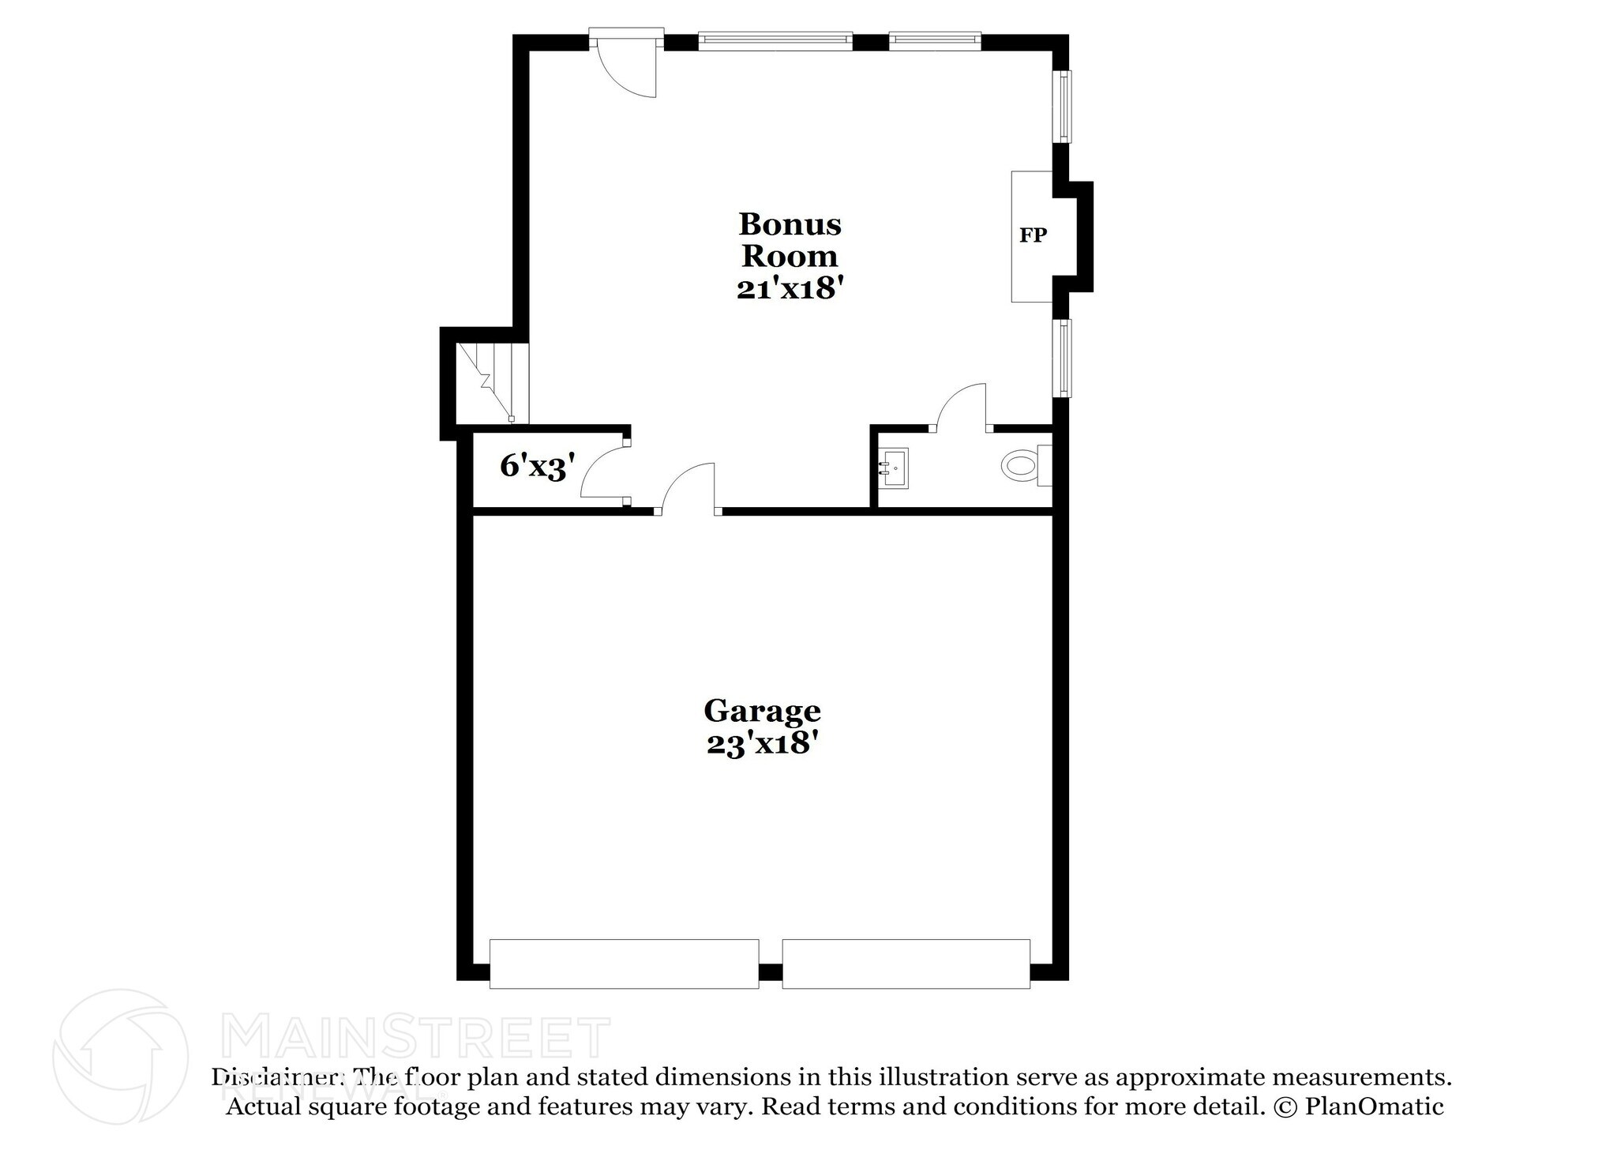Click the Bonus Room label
[790, 240]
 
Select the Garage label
[762, 711]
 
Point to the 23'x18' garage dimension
[760, 744]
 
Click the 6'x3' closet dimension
[533, 467]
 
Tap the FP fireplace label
[1033, 235]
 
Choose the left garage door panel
[624, 963]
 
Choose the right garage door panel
[906, 963]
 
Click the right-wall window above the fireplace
[1064, 107]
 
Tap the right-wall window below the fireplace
[1064, 358]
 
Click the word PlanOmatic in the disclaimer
[1374, 1106]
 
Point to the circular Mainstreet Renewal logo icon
[120, 1056]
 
